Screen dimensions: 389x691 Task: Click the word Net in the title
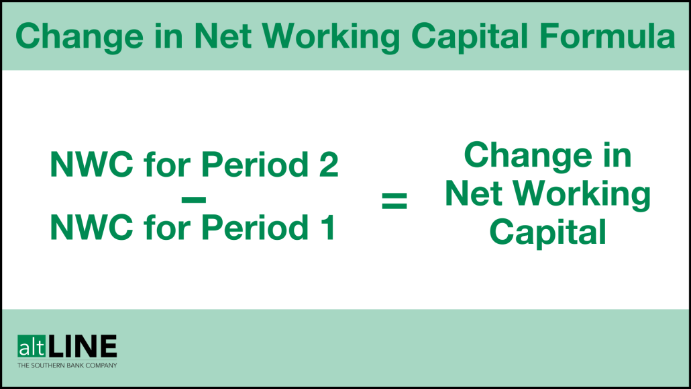[x=221, y=37]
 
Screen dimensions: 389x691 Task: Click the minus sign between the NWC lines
[x=193, y=199]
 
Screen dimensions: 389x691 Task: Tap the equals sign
[x=394, y=200]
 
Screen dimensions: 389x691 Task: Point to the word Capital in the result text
[x=547, y=232]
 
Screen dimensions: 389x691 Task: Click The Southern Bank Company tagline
[x=67, y=365]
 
